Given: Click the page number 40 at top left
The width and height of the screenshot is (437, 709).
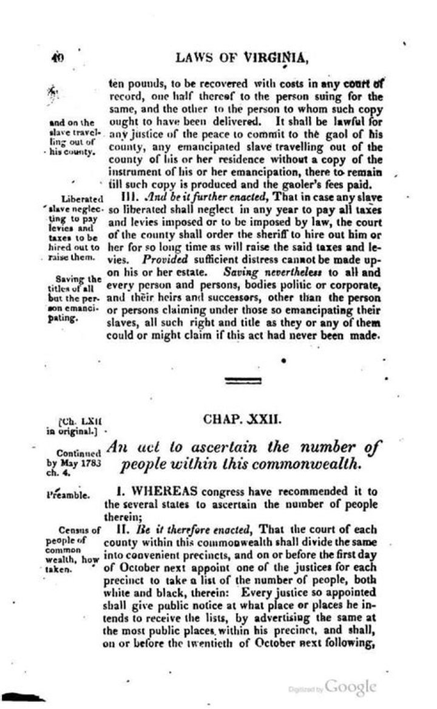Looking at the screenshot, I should tap(58, 58).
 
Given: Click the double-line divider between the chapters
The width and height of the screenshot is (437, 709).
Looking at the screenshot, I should tap(243, 381).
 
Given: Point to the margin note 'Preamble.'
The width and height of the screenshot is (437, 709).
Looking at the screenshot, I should tap(68, 495).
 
